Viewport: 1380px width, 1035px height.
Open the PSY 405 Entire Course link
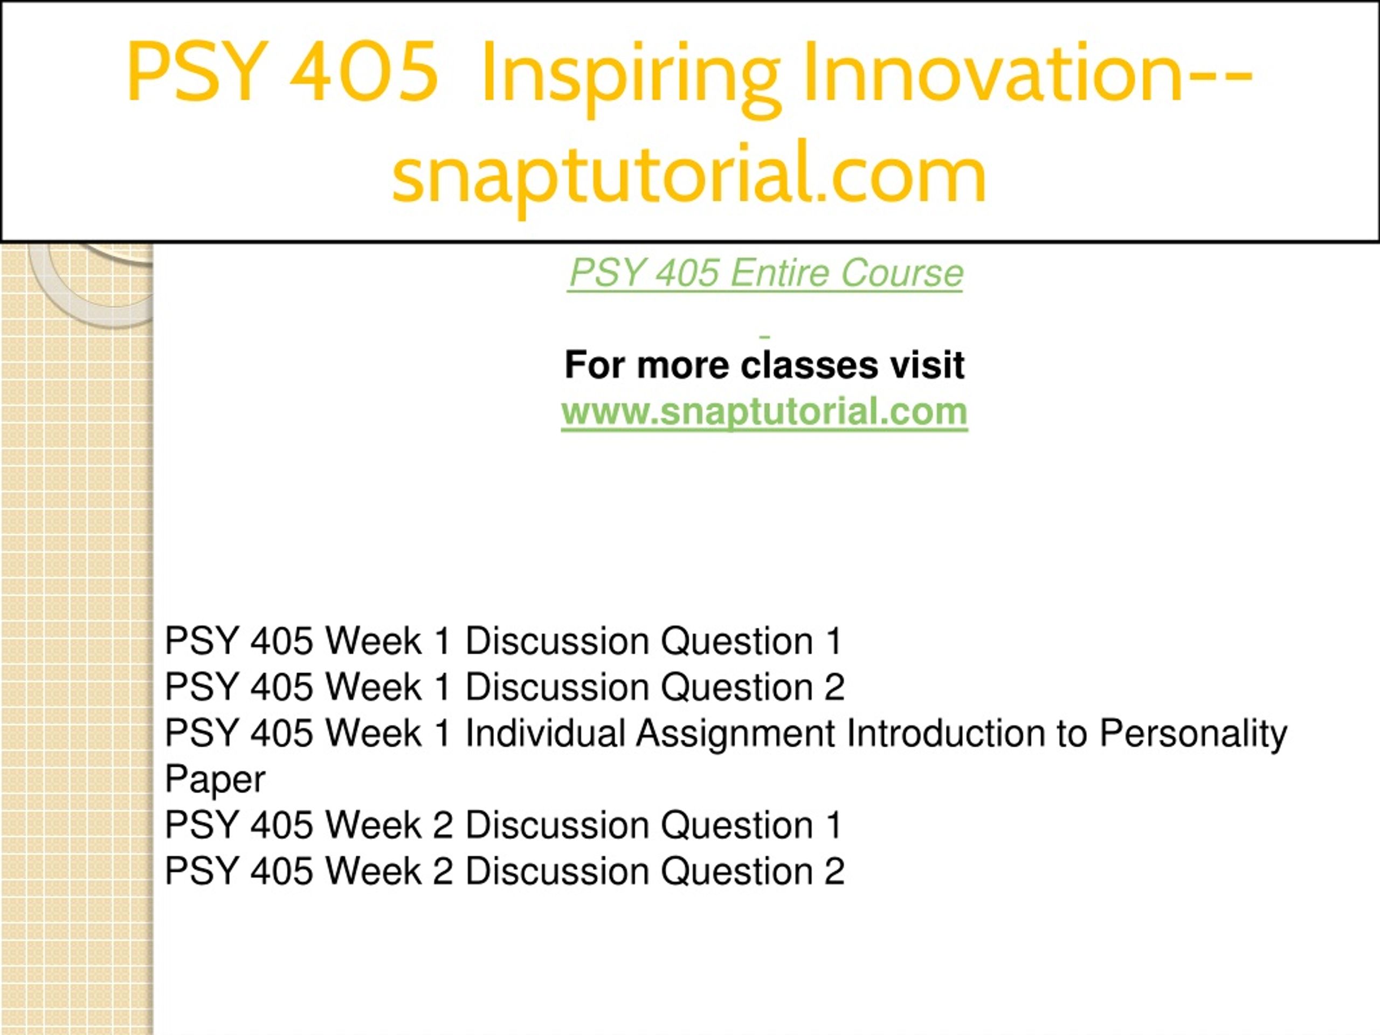(765, 273)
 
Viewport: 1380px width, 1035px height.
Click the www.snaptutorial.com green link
(764, 412)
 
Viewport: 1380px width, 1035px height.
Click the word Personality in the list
(1193, 734)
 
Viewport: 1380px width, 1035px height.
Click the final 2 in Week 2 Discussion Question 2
(834, 871)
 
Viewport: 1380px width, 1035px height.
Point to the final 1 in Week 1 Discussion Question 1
(834, 641)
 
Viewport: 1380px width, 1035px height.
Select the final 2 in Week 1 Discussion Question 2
(834, 687)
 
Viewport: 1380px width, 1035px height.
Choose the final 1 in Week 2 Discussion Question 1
(834, 825)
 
